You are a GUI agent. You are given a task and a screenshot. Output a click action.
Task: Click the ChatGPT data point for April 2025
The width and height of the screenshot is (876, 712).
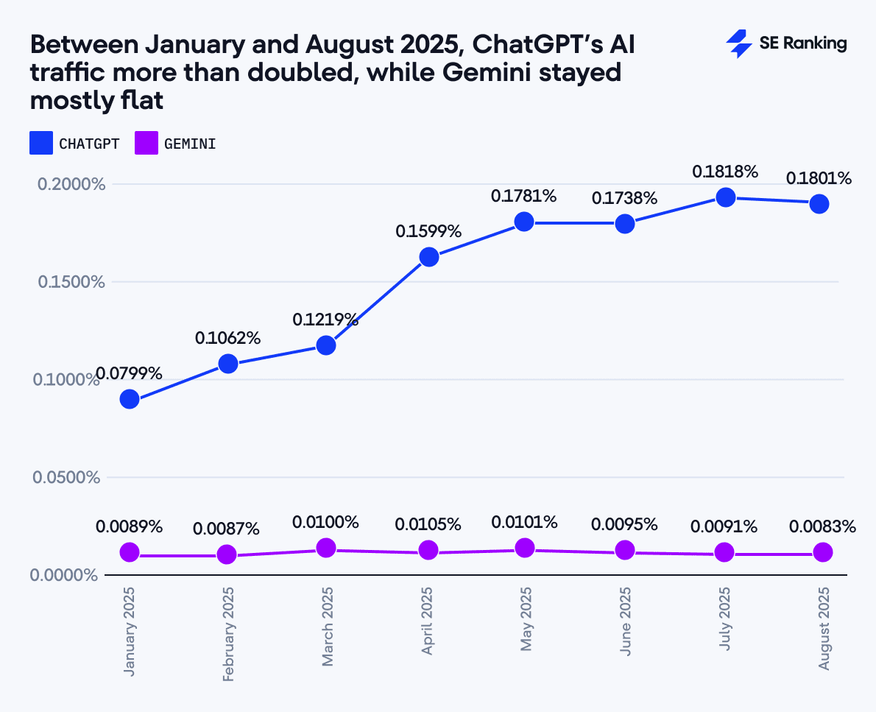point(429,257)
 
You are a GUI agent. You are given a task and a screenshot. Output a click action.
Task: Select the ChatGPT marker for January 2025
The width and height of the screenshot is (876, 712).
point(130,399)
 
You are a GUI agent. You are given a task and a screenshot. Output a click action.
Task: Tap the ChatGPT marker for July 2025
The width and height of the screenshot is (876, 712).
point(725,197)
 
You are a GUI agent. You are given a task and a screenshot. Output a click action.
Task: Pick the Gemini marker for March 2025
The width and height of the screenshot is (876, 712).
point(326,548)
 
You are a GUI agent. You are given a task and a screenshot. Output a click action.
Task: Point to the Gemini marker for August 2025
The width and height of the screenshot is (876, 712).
point(823,552)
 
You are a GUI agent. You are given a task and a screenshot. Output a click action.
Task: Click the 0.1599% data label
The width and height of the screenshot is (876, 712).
point(428,231)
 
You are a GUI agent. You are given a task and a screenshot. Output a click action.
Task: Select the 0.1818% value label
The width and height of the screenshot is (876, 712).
point(724,172)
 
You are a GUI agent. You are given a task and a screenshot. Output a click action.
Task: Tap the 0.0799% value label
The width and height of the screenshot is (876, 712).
point(129,373)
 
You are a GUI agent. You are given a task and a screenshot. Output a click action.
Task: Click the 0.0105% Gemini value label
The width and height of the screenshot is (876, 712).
point(428,524)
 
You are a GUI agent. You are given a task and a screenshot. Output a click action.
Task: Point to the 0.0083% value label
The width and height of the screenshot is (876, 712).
point(822,526)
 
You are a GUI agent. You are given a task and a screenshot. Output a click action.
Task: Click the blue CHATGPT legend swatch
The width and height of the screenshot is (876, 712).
point(41,143)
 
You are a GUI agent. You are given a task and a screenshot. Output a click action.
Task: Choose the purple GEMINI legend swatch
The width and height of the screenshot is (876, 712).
point(146,143)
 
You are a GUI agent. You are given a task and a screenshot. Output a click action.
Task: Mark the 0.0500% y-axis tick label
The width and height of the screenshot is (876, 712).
point(66,477)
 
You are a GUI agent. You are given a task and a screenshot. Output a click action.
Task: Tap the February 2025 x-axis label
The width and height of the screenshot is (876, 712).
point(228,633)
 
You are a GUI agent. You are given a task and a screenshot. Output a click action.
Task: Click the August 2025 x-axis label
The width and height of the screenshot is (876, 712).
point(824,628)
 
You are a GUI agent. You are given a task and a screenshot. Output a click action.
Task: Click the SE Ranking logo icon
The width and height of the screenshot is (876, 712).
point(738,43)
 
